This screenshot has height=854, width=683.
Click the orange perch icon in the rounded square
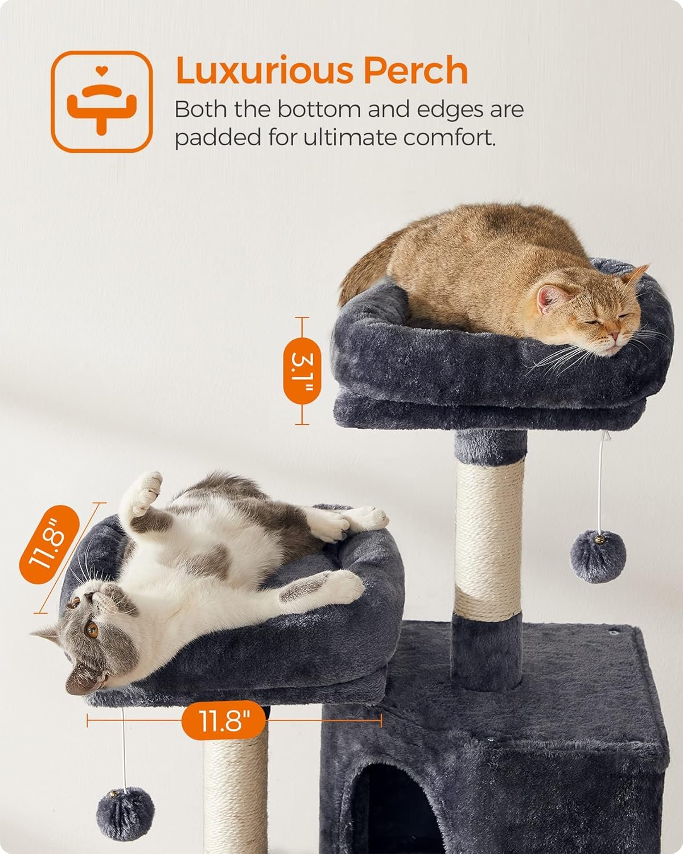coord(102,102)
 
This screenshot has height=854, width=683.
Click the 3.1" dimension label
coord(302,371)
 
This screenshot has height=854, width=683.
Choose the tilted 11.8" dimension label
coord(49,542)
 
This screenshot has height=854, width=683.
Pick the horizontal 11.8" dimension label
coord(223,721)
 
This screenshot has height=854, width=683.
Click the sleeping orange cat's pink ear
coord(550,298)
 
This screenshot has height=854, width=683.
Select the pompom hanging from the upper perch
coord(598,556)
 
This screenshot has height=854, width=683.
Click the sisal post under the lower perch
coord(236,791)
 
